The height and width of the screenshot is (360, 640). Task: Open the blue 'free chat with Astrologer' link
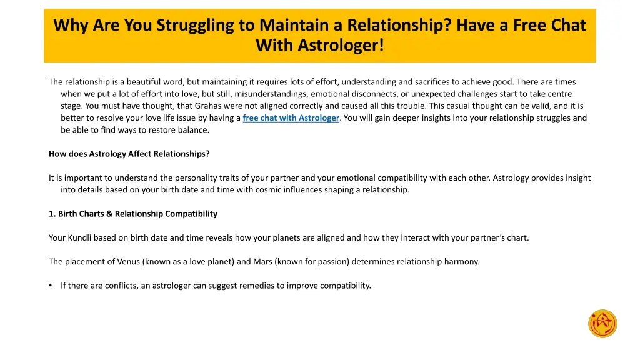pos(291,117)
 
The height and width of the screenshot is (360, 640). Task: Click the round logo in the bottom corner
pos(602,324)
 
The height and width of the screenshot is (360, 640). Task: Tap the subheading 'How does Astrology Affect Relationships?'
pos(129,154)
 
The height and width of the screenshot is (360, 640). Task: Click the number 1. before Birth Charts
pos(52,214)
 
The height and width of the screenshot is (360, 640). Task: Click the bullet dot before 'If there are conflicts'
pos(51,286)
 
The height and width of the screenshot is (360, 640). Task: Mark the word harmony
pos(462,262)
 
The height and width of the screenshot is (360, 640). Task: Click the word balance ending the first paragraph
pos(194,130)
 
